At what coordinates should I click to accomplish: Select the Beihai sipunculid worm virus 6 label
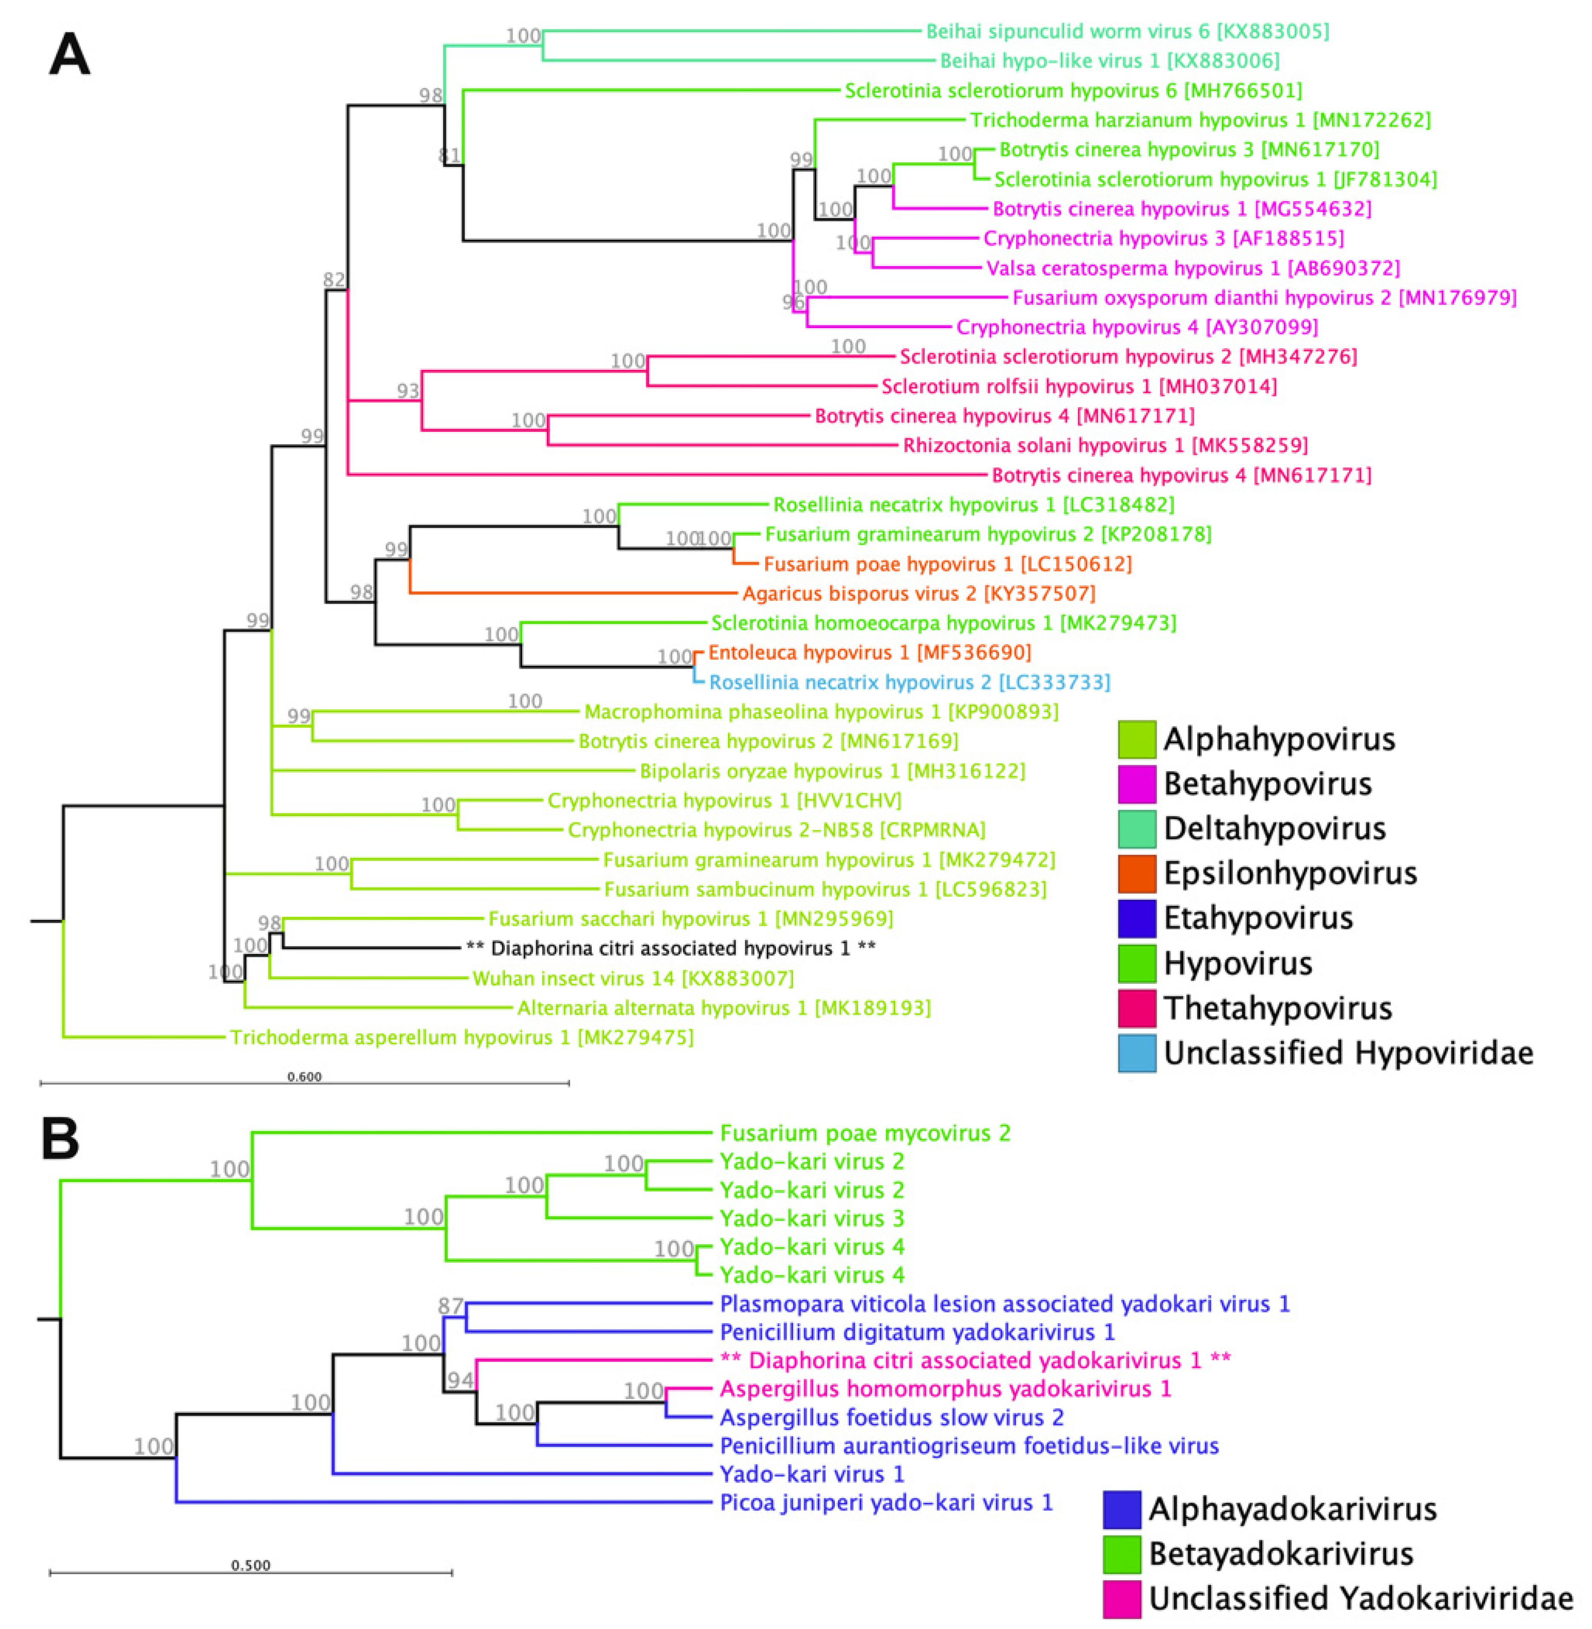(x=1127, y=32)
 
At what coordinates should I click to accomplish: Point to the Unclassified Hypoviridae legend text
(x=1348, y=1053)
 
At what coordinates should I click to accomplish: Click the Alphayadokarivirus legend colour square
(x=1122, y=1509)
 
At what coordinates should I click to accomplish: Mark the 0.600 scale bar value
(x=304, y=1076)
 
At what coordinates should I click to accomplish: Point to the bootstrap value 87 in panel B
(x=451, y=1305)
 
